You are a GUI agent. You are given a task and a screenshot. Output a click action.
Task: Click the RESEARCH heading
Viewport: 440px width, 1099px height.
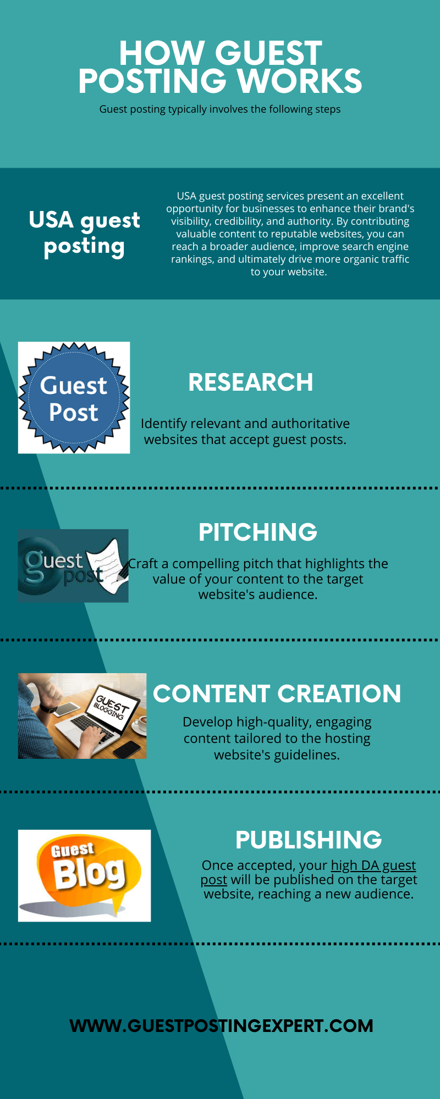click(250, 382)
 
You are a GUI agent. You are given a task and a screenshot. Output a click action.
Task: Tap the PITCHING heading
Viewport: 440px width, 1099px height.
click(257, 532)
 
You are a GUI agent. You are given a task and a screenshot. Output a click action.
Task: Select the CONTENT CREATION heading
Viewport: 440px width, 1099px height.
click(277, 693)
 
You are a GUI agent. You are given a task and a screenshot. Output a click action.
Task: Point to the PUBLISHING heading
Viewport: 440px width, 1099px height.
click(309, 840)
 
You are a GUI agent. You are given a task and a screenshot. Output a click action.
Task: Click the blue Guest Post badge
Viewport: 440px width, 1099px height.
click(74, 398)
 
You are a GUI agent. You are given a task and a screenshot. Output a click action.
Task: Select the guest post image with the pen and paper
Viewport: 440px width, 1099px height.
click(73, 566)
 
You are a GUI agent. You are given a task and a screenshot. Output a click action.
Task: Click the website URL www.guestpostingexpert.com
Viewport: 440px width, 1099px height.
click(221, 1025)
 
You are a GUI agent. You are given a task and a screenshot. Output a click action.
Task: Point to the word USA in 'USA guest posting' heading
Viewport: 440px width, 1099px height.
click(51, 220)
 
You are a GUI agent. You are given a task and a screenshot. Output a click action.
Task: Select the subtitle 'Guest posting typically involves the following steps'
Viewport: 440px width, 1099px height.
click(220, 109)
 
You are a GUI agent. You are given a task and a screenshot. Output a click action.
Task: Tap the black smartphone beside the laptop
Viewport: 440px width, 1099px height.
click(126, 748)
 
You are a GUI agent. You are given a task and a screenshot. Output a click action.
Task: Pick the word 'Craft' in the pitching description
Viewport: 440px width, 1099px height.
click(143, 564)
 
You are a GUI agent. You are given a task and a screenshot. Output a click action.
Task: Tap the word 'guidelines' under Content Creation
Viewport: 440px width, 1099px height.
click(306, 755)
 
